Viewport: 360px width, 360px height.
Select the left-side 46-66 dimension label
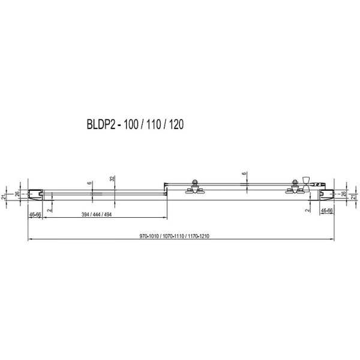[x=34, y=214]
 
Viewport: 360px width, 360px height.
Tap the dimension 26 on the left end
[x=18, y=193]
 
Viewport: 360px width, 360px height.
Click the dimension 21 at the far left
[x=5, y=197]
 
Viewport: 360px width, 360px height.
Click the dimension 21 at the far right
[x=355, y=197]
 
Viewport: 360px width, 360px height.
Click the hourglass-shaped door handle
[x=307, y=183]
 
